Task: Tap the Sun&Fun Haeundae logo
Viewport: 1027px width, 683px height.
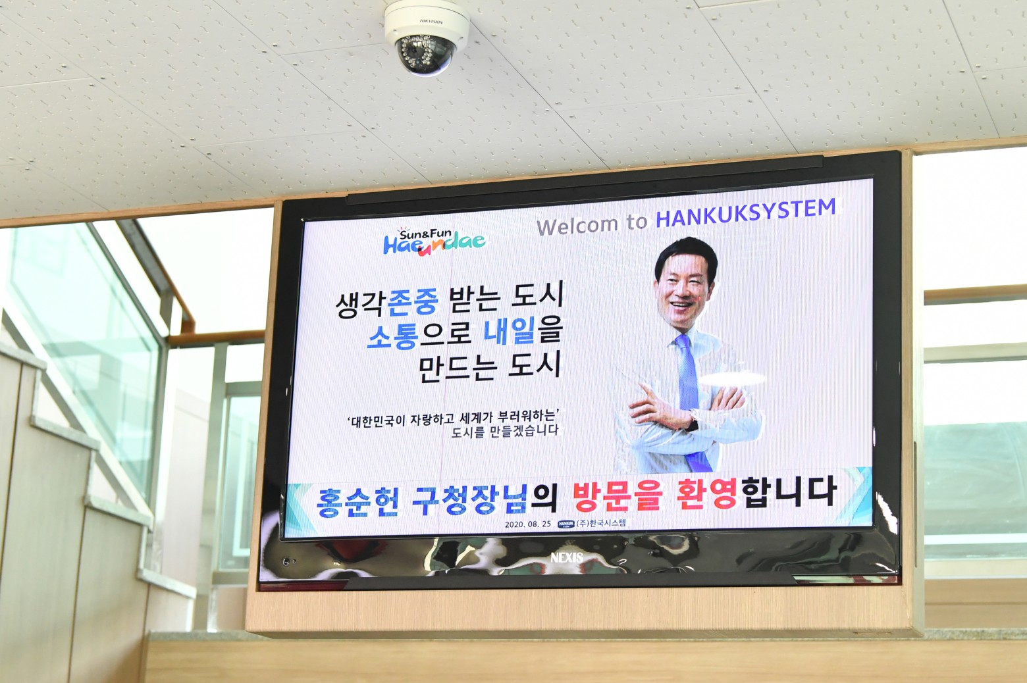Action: point(434,241)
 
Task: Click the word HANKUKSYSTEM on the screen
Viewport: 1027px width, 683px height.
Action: point(746,213)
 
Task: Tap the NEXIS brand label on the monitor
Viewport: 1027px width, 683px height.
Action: point(567,558)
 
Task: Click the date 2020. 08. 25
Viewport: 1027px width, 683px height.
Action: point(528,524)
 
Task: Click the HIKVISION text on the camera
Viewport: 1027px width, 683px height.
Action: point(431,21)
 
